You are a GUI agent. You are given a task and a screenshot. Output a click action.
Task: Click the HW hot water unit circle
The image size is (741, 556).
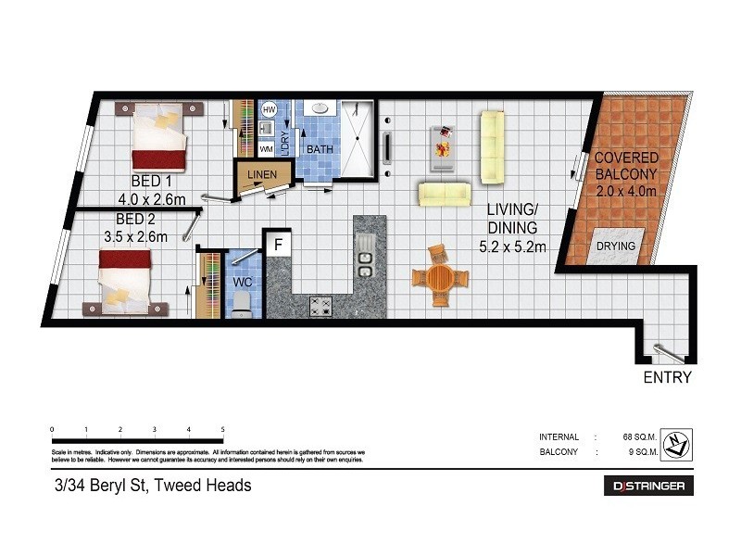click(270, 110)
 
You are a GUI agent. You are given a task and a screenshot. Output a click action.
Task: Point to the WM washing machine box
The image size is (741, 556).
click(266, 148)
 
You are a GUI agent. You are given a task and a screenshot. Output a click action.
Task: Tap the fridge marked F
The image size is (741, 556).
click(277, 245)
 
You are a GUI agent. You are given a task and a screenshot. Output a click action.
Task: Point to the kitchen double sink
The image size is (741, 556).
click(366, 257)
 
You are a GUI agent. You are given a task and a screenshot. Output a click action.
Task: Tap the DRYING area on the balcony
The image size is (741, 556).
click(615, 246)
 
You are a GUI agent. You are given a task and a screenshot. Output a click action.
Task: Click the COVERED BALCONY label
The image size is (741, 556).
click(625, 166)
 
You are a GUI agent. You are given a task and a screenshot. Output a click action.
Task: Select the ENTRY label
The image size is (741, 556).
click(667, 378)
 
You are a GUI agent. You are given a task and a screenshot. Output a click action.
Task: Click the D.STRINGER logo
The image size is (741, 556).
click(648, 486)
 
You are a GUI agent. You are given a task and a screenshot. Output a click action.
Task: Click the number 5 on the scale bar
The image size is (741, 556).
click(222, 430)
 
